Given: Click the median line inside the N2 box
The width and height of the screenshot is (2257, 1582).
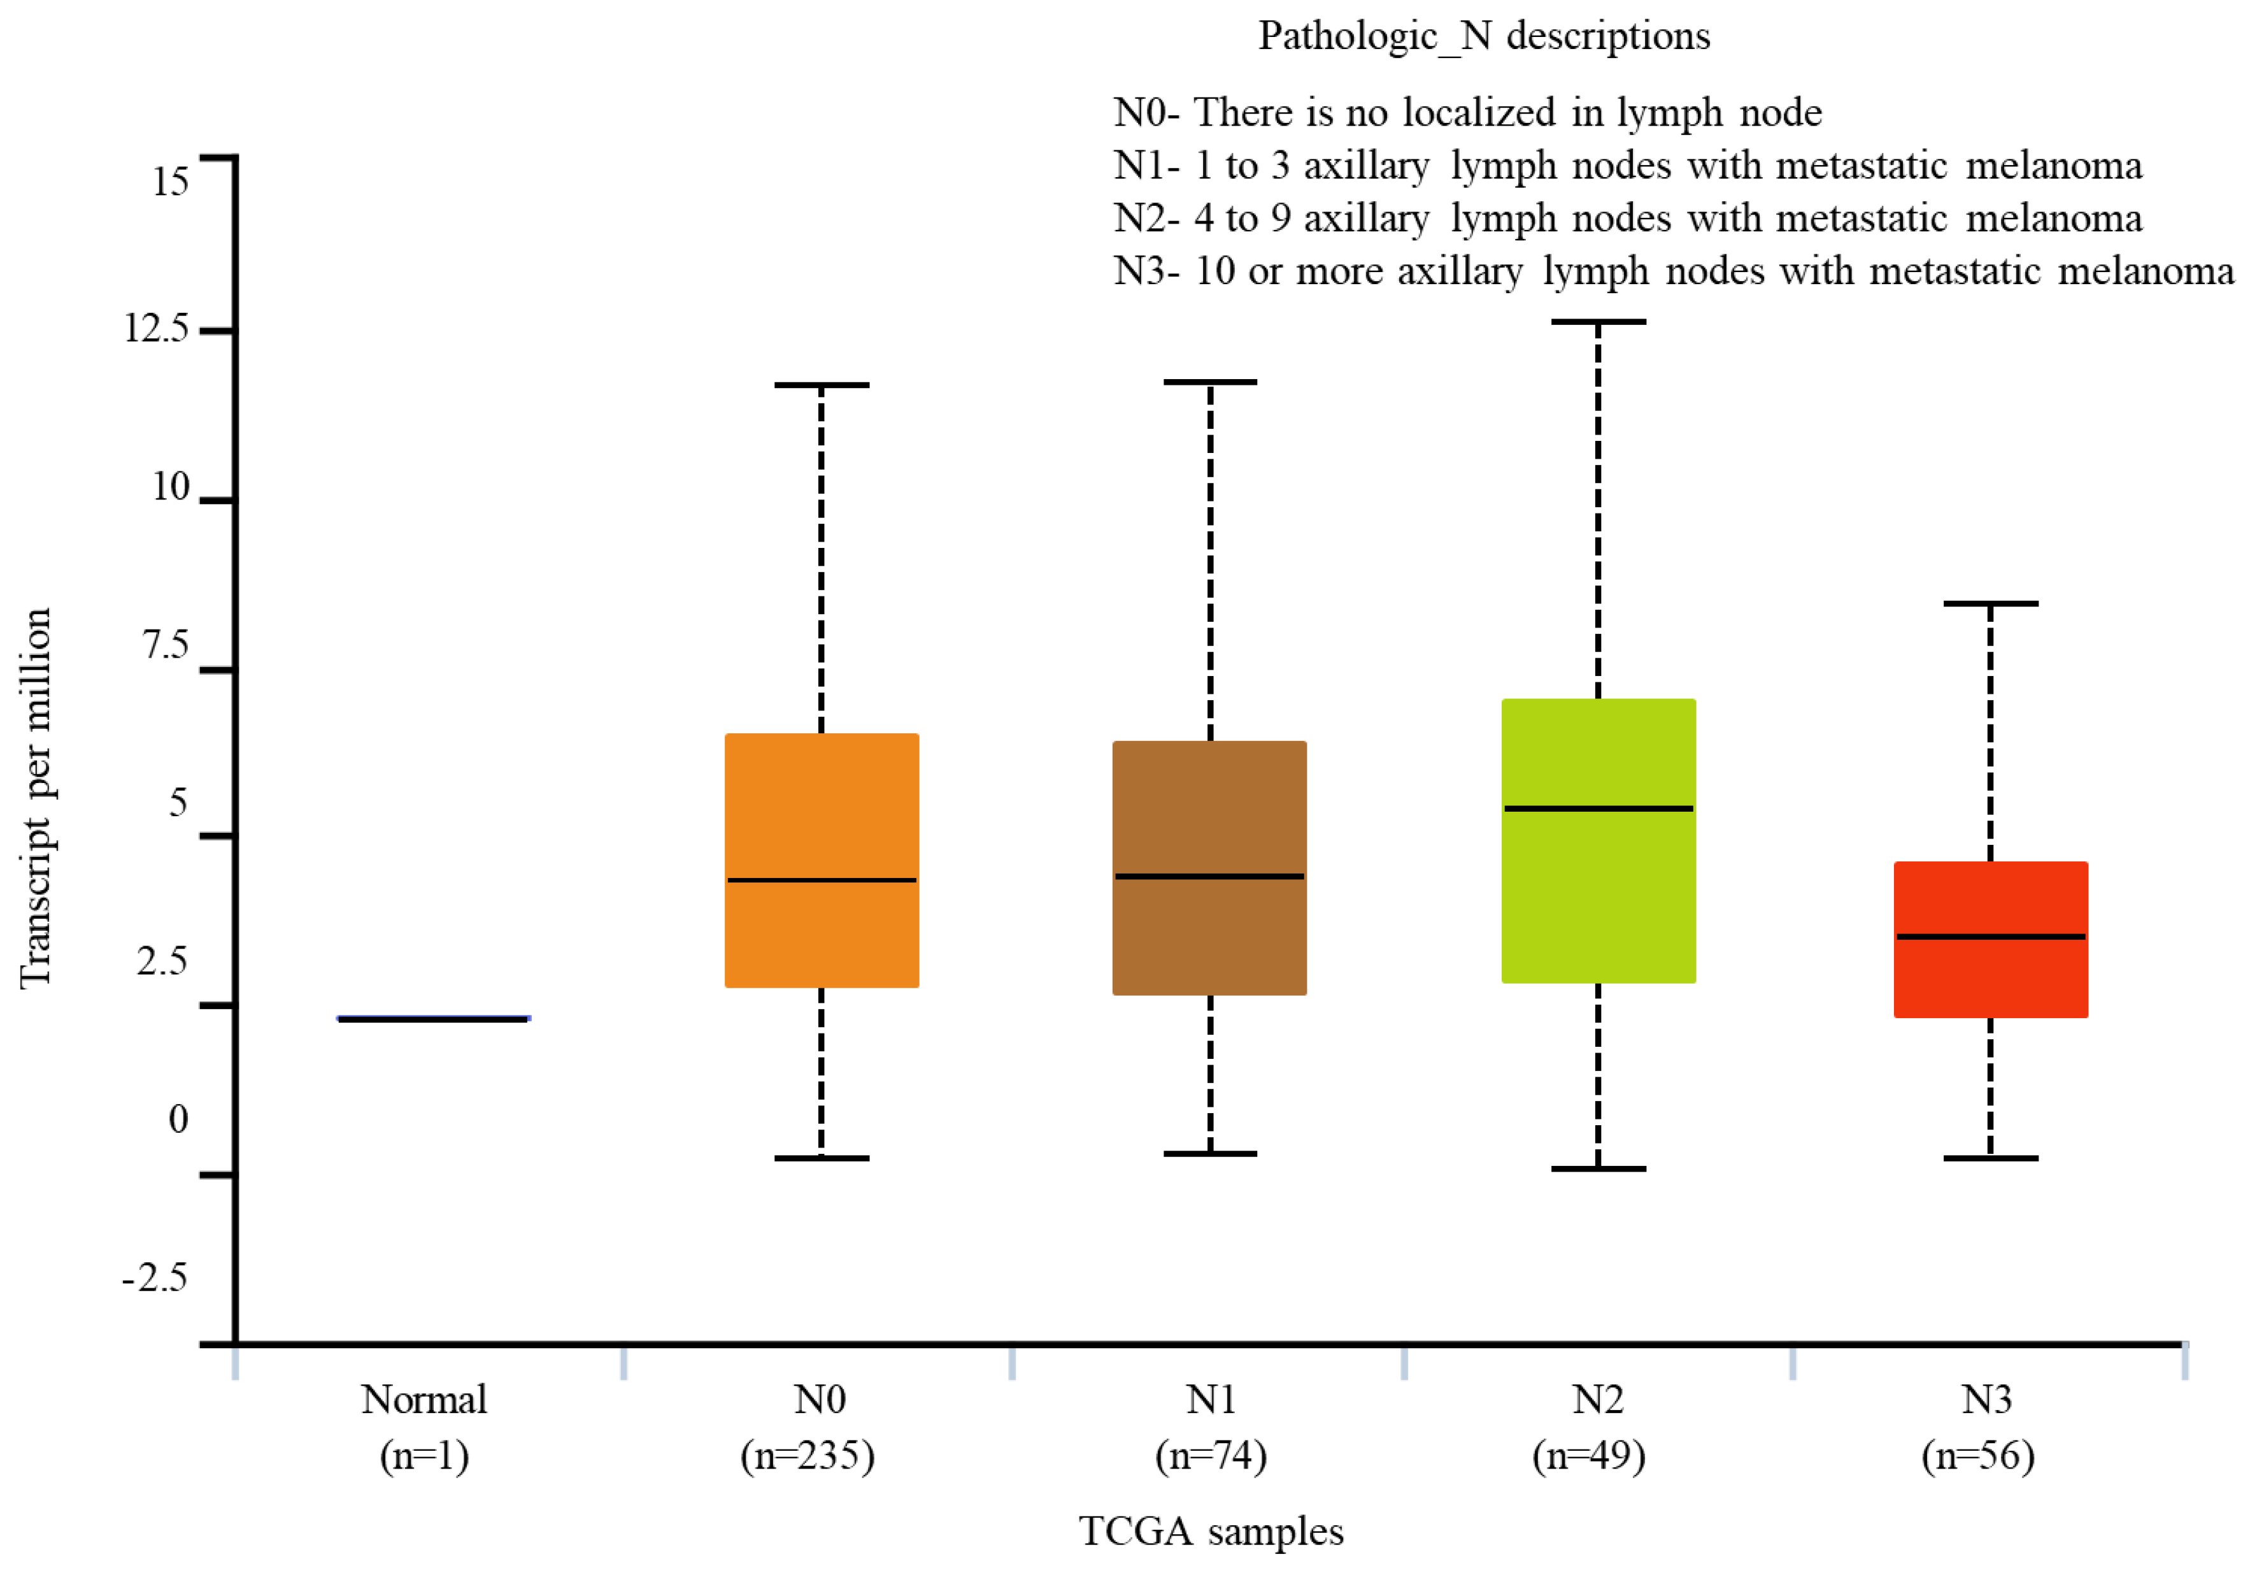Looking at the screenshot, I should pos(1598,809).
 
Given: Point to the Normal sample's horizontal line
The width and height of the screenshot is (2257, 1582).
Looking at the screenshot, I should pos(434,1019).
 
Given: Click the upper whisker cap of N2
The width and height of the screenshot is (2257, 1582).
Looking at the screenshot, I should pos(1598,322).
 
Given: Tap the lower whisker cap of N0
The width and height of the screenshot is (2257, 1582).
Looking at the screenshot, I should pos(822,1158).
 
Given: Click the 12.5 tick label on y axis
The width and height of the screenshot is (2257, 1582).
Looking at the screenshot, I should pos(155,327).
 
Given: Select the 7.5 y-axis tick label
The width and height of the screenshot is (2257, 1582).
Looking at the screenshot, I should pos(165,645).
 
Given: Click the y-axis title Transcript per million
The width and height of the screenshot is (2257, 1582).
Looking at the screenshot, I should pos(36,796).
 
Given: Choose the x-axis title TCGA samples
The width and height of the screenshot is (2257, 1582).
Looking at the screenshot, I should pos(1211,1531).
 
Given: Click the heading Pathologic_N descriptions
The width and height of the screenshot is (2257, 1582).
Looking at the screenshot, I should pos(1484,36).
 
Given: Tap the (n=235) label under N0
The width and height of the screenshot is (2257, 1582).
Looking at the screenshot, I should pos(807,1455).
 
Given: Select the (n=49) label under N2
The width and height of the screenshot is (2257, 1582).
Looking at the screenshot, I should pos(1588,1455).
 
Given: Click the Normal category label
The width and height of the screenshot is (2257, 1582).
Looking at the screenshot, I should pos(424,1399).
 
